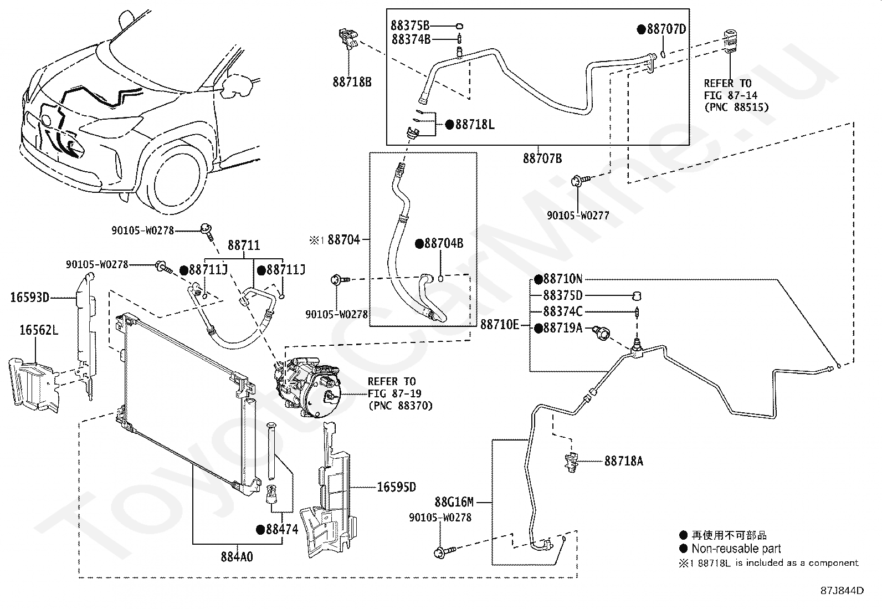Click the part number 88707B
542,158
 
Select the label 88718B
352,82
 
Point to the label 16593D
29,297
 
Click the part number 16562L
39,330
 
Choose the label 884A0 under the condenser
237,556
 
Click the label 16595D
397,487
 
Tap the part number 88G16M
454,502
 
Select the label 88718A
624,460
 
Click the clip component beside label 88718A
572,462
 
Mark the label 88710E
500,325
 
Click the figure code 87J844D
842,591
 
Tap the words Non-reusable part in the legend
736,549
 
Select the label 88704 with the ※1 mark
335,239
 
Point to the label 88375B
410,25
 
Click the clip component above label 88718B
348,38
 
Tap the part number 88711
244,245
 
